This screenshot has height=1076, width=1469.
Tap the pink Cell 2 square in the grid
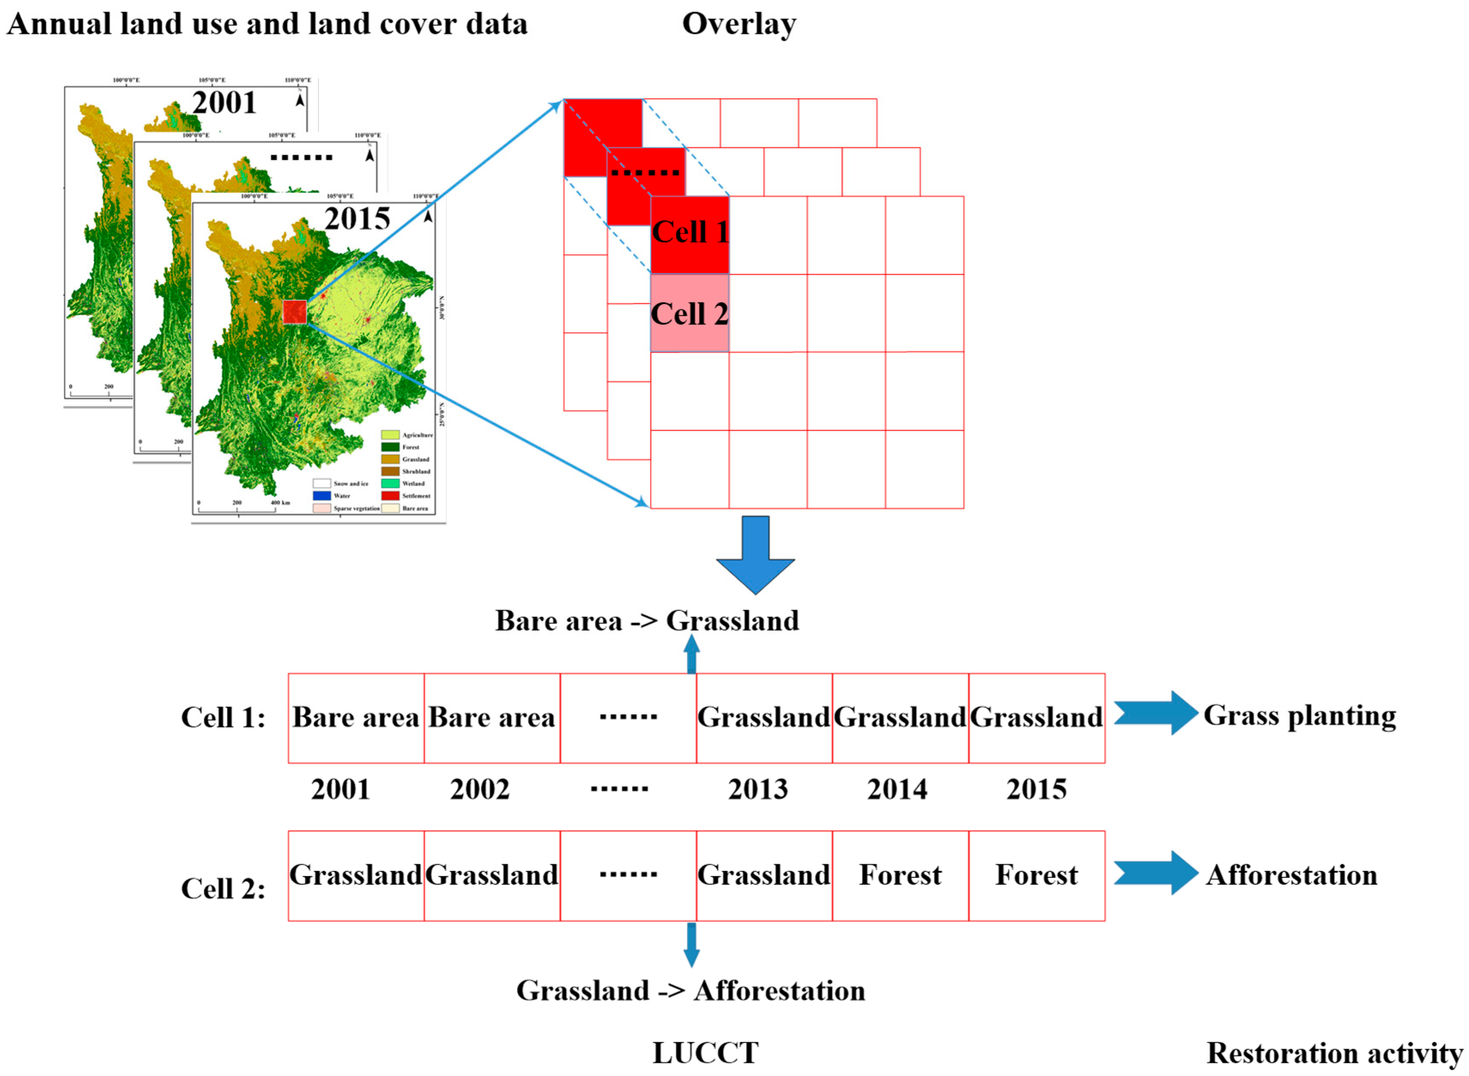[x=689, y=313]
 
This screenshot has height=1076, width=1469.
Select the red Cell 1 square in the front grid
[x=689, y=235]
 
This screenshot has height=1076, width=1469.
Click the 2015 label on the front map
[x=357, y=219]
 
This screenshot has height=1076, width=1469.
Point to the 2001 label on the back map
[x=224, y=103]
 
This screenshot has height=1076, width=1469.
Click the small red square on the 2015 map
[x=294, y=312]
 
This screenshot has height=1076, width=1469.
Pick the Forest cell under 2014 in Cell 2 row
[x=900, y=875]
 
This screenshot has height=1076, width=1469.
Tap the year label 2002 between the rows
[x=480, y=790]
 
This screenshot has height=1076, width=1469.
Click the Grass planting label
[x=1299, y=715]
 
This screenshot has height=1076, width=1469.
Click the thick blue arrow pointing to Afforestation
[x=1155, y=873]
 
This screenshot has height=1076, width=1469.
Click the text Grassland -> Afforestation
[x=691, y=991]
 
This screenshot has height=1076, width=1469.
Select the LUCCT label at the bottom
[x=705, y=1053]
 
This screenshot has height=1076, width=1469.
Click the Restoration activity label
[x=1334, y=1053]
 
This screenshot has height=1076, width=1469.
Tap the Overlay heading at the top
[x=739, y=24]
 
